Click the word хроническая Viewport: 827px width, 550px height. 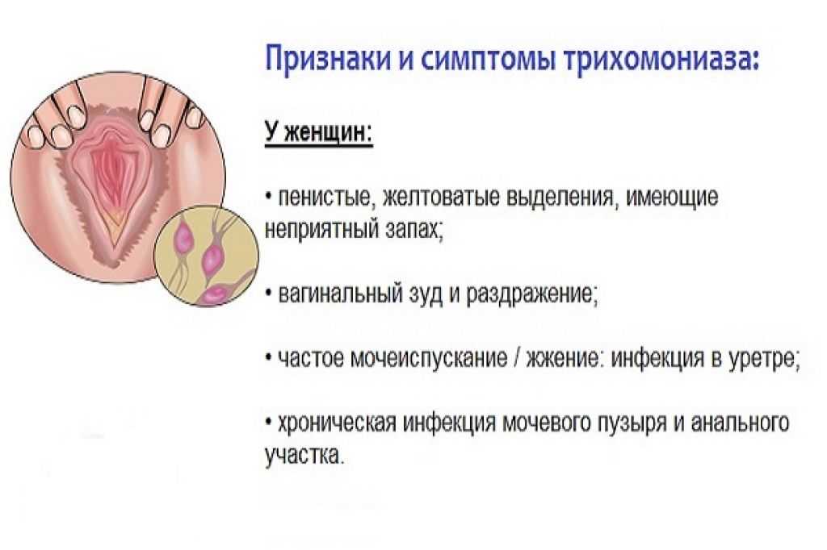pos(337,423)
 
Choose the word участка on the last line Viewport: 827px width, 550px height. pos(304,455)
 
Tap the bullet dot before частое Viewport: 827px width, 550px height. pos(269,358)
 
